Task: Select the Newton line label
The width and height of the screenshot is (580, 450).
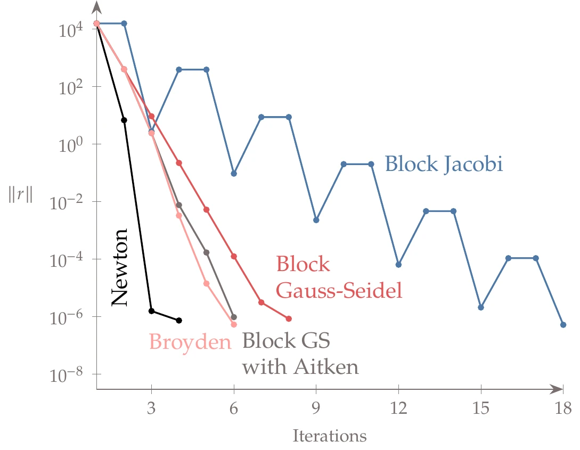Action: tap(120, 267)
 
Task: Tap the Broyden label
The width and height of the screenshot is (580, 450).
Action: tap(190, 341)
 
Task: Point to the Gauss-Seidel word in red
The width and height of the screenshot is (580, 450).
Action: tap(339, 291)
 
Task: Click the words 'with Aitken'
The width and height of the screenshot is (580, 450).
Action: tap(300, 367)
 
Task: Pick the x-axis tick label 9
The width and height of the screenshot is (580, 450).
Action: tap(316, 409)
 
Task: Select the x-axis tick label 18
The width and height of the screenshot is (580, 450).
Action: tap(562, 409)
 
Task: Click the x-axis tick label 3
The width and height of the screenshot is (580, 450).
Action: tap(151, 409)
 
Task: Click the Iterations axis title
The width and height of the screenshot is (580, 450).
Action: tap(330, 437)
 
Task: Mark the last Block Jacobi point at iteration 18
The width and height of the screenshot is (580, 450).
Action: tap(563, 325)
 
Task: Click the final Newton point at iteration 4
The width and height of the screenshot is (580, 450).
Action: tap(179, 320)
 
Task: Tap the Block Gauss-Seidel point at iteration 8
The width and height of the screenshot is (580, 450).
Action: tap(289, 318)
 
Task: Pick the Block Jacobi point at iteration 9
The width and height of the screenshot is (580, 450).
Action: tap(316, 220)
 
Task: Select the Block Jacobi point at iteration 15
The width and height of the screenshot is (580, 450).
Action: tap(481, 307)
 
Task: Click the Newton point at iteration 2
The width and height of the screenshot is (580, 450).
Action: tap(124, 120)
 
